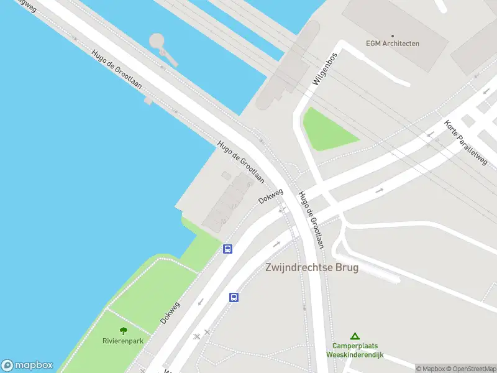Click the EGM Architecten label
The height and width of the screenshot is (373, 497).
(x=392, y=44)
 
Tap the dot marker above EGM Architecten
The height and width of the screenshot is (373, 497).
(x=392, y=35)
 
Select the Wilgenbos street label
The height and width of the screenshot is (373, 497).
(x=325, y=68)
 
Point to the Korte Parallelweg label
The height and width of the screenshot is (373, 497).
(x=465, y=142)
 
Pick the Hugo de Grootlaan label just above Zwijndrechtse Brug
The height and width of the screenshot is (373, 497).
(x=311, y=219)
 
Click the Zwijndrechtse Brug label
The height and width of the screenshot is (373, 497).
(x=312, y=268)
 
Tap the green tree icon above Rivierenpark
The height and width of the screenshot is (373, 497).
(x=123, y=331)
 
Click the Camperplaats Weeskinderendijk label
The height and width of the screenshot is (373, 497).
(x=355, y=350)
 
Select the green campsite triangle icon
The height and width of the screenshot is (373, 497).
(x=355, y=336)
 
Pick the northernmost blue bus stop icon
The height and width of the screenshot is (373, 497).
(x=228, y=249)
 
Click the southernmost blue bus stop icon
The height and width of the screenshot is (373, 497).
(x=234, y=297)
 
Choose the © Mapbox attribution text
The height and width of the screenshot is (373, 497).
(x=431, y=369)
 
